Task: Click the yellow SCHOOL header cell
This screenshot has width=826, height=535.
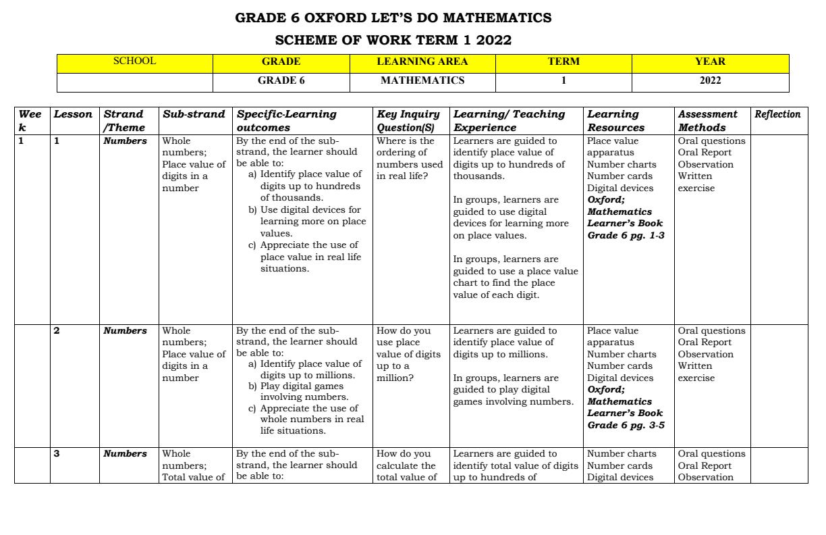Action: click(x=135, y=61)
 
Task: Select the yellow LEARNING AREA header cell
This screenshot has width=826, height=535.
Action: click(x=422, y=61)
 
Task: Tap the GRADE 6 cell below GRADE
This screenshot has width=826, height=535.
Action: click(x=281, y=80)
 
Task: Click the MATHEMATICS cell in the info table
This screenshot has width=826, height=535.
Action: click(x=422, y=80)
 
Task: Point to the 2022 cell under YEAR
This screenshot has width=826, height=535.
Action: click(x=710, y=80)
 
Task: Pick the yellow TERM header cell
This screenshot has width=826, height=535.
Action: click(x=563, y=61)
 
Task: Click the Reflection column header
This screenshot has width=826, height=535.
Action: click(x=777, y=114)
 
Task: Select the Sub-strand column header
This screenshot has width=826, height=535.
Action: click(x=194, y=114)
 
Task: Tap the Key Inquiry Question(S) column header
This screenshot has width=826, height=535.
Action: click(x=408, y=120)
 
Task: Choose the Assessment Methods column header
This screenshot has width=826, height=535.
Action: click(x=708, y=120)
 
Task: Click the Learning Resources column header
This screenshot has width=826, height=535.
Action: click(x=616, y=120)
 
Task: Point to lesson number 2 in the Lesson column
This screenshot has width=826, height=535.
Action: click(x=57, y=331)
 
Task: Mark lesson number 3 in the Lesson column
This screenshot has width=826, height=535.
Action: click(x=57, y=454)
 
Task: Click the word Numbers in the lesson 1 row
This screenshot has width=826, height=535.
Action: click(x=125, y=141)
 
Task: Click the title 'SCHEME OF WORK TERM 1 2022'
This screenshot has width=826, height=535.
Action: click(x=393, y=40)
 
